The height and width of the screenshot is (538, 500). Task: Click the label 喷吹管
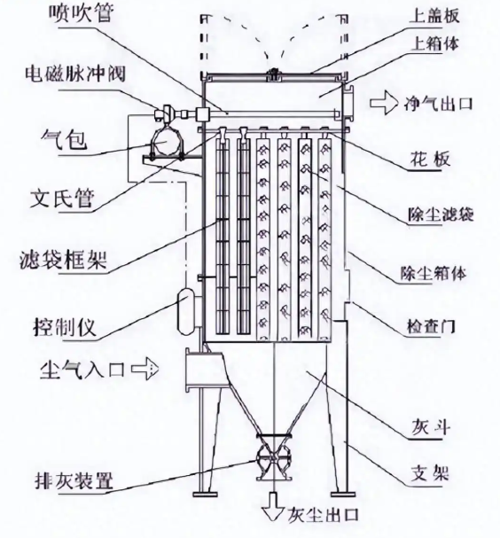(81, 13)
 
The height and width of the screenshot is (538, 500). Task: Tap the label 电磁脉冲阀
(75, 74)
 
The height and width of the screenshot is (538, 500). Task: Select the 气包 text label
(64, 139)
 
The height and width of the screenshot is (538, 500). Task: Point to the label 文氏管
(62, 198)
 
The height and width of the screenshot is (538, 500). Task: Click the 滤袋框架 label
(64, 260)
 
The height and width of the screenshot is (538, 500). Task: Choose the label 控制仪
(65, 327)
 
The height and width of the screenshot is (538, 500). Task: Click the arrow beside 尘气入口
(145, 369)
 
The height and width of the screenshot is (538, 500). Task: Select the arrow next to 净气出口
(384, 102)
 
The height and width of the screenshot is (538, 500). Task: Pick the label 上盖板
(434, 15)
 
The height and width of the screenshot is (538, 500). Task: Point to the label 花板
(430, 160)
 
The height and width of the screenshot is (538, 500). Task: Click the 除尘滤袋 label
(441, 214)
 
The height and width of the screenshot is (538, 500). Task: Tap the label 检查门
(431, 326)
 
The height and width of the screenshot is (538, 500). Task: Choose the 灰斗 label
(430, 427)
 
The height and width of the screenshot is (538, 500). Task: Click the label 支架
(430, 473)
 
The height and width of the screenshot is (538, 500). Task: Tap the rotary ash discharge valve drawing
(273, 457)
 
